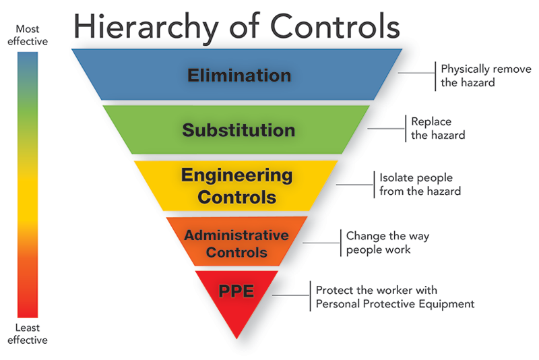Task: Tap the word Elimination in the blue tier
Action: click(x=239, y=75)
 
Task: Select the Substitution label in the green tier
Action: click(x=239, y=129)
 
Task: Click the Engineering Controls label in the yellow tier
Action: click(x=236, y=186)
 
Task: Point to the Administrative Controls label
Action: click(x=236, y=243)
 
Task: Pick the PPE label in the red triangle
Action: click(x=236, y=292)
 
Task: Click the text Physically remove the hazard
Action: click(x=485, y=76)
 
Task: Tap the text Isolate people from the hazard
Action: click(x=420, y=184)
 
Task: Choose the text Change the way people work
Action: click(x=387, y=243)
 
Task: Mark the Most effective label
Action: click(x=28, y=35)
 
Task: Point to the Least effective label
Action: click(x=28, y=334)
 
